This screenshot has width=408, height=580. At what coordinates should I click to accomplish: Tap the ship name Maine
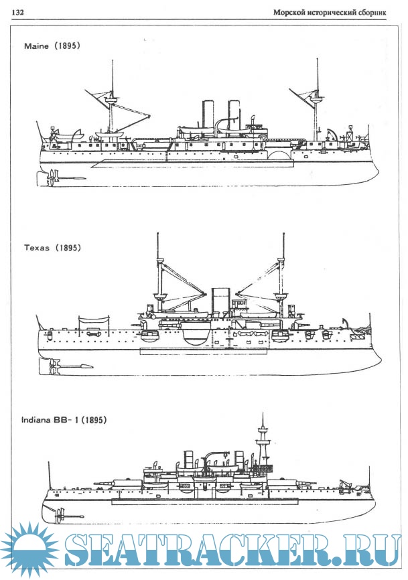pos(37,46)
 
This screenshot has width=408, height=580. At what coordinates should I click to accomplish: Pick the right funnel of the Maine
pos(234,117)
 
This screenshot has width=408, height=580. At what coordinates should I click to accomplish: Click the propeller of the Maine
pos(52,177)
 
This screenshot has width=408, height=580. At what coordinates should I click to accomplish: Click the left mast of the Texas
pos(158,268)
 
